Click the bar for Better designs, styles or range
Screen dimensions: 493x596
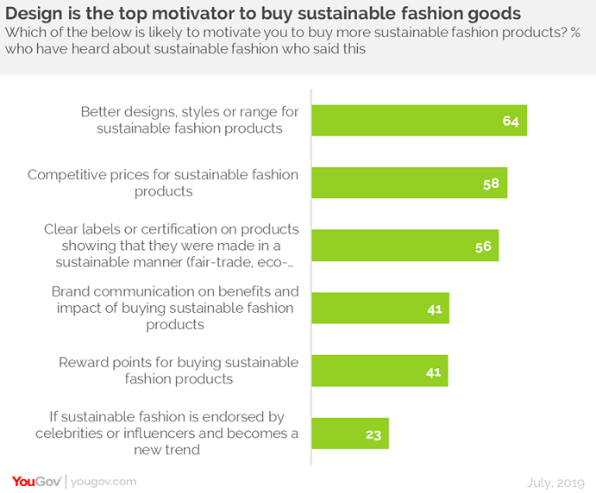click(418, 121)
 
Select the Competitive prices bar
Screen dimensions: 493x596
click(409, 183)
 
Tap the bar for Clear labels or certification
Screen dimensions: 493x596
click(405, 246)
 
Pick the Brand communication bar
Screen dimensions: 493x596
click(380, 309)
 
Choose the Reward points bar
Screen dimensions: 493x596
click(380, 371)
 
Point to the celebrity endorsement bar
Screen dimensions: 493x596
click(349, 434)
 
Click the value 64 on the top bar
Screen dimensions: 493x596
click(511, 121)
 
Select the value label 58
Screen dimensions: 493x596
click(491, 184)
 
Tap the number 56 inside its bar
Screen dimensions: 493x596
click(483, 246)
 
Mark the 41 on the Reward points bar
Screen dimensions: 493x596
click(433, 372)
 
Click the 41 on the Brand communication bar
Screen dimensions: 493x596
click(433, 309)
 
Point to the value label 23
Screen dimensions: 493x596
click(373, 434)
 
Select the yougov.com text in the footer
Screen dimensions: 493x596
click(104, 481)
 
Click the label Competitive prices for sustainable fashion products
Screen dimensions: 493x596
click(163, 183)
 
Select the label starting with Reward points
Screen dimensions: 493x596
click(179, 371)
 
